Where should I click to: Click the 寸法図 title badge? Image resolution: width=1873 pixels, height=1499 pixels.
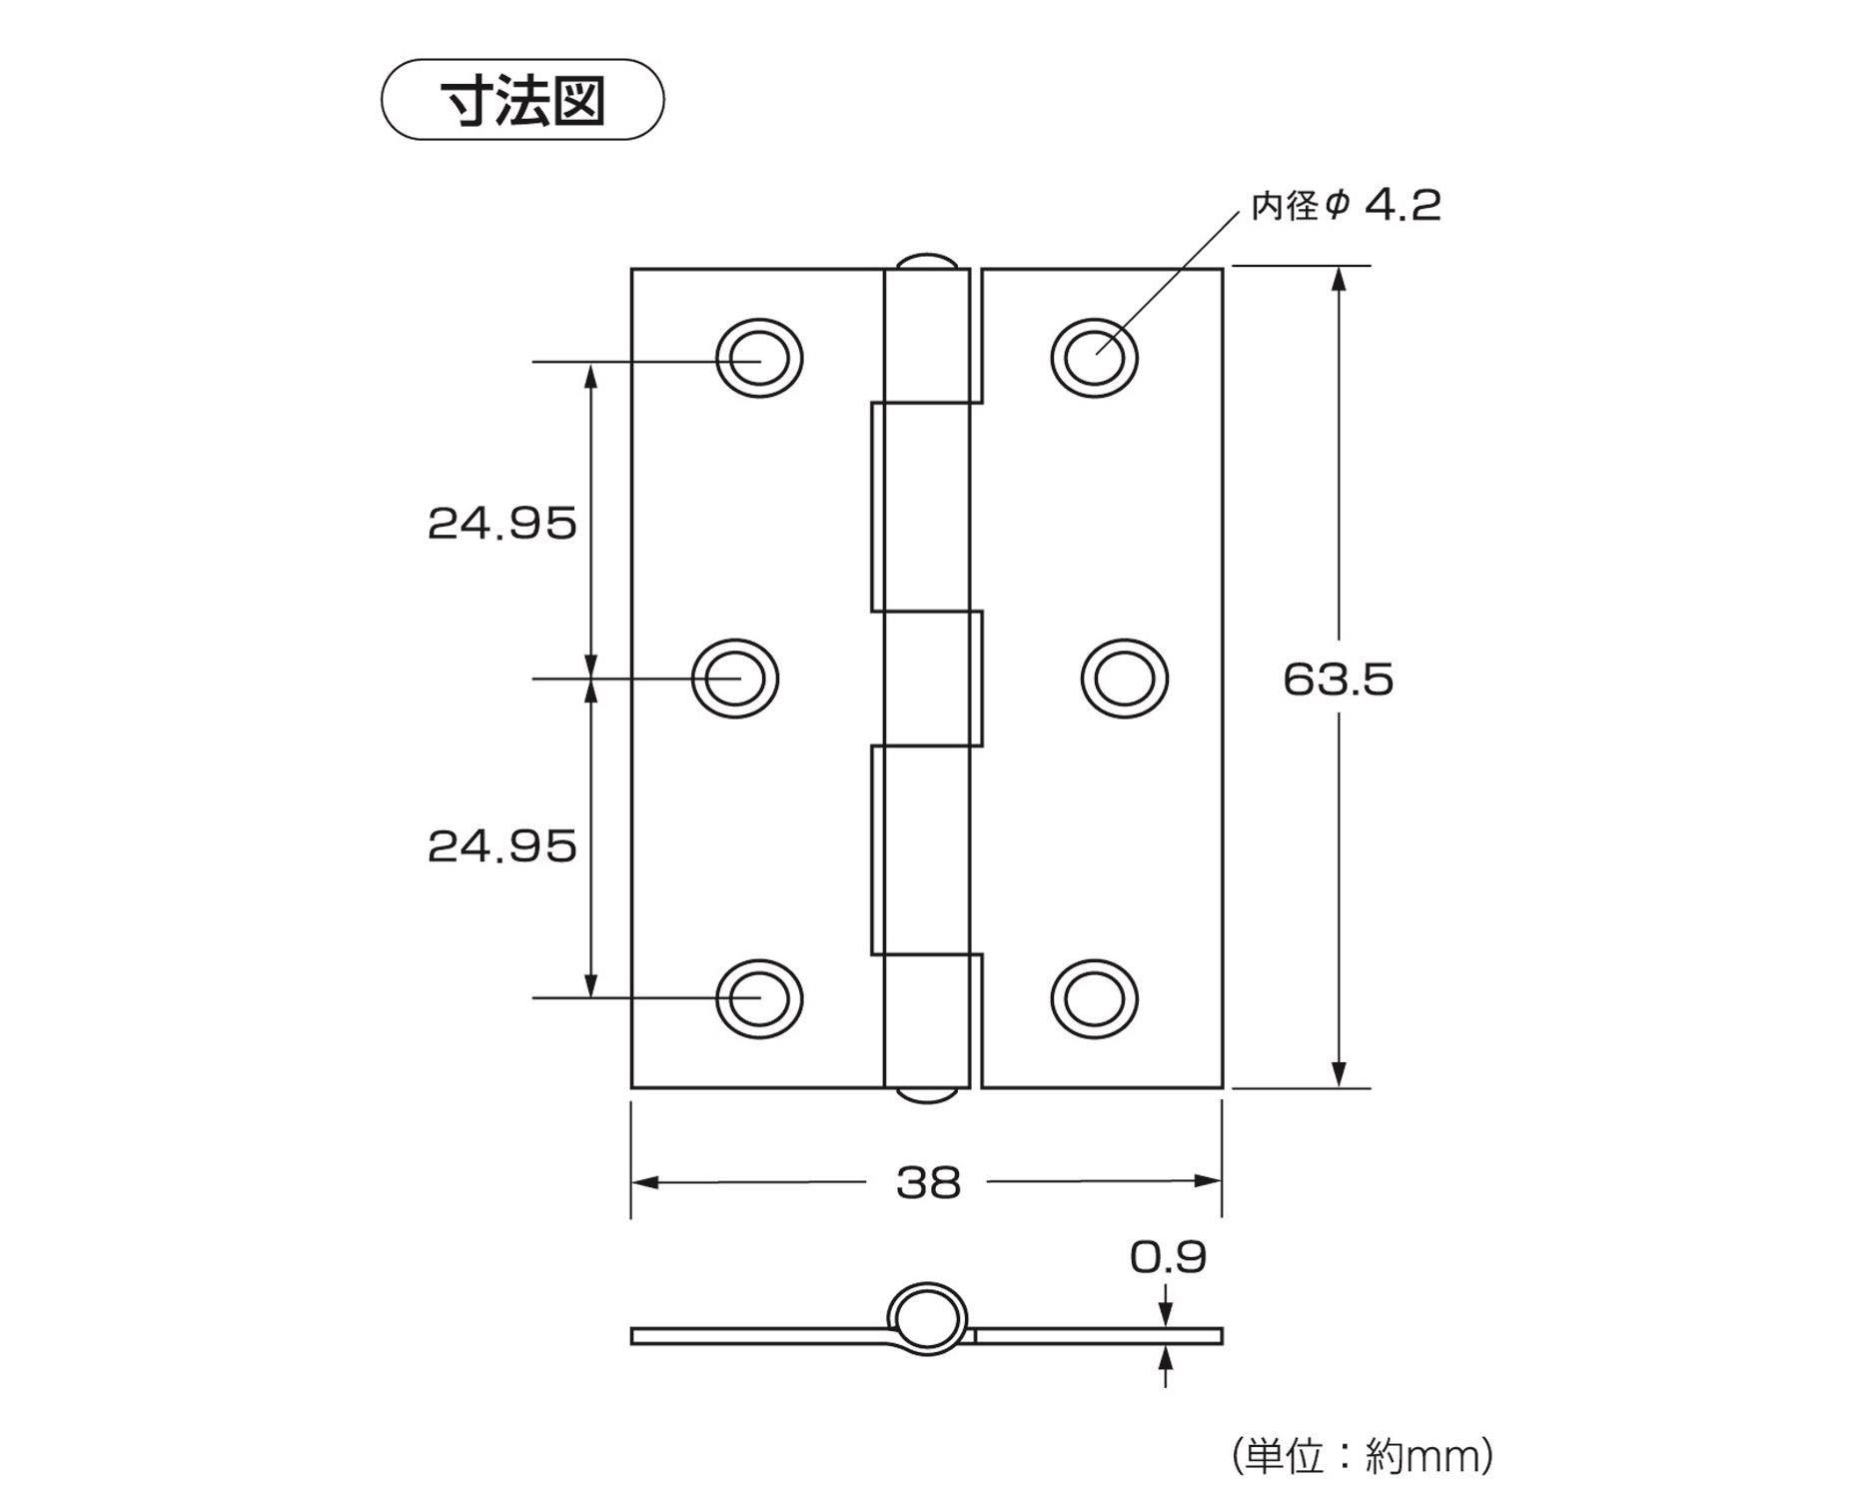coord(522,100)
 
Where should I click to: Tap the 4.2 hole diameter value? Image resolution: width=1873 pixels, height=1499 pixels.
coord(1403,205)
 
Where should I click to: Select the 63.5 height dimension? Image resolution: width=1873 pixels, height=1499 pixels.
coord(1338,680)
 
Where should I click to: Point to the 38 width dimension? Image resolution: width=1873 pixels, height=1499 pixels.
coord(928,1182)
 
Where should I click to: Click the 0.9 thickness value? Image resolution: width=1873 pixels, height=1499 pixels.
coord(1168,1257)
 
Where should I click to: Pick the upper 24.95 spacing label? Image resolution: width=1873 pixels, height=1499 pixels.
coord(501,524)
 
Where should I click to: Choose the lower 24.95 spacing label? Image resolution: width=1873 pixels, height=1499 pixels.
coord(501,846)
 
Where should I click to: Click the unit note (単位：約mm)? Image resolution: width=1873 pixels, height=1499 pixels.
coord(1363,1456)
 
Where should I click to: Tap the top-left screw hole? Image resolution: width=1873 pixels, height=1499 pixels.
coord(759,358)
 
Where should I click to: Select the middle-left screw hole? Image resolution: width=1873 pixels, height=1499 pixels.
coord(735,679)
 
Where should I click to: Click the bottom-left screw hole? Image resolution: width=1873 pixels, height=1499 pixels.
coord(759,998)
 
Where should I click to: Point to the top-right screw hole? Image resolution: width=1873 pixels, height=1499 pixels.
coord(1094,358)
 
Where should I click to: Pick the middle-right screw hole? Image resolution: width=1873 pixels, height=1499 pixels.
coord(1125,679)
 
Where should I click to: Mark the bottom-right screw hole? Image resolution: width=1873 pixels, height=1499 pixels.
coord(1094,998)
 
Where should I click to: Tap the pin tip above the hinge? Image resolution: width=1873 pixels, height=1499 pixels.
coord(927,261)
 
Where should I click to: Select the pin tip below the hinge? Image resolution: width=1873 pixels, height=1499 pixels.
coord(927,1095)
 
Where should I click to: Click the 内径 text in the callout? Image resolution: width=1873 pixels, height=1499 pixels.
coord(1286,206)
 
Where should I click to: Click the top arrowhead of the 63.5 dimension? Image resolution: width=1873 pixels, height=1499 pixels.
coord(1340,278)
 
